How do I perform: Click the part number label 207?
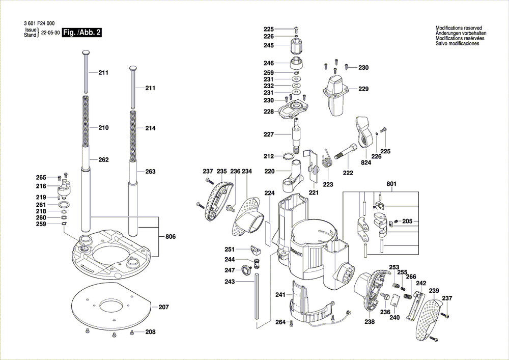[163, 307]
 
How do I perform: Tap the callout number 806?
[171, 236]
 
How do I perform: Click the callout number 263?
[150, 172]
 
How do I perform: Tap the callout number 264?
[280, 321]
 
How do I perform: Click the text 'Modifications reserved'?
[458, 28]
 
